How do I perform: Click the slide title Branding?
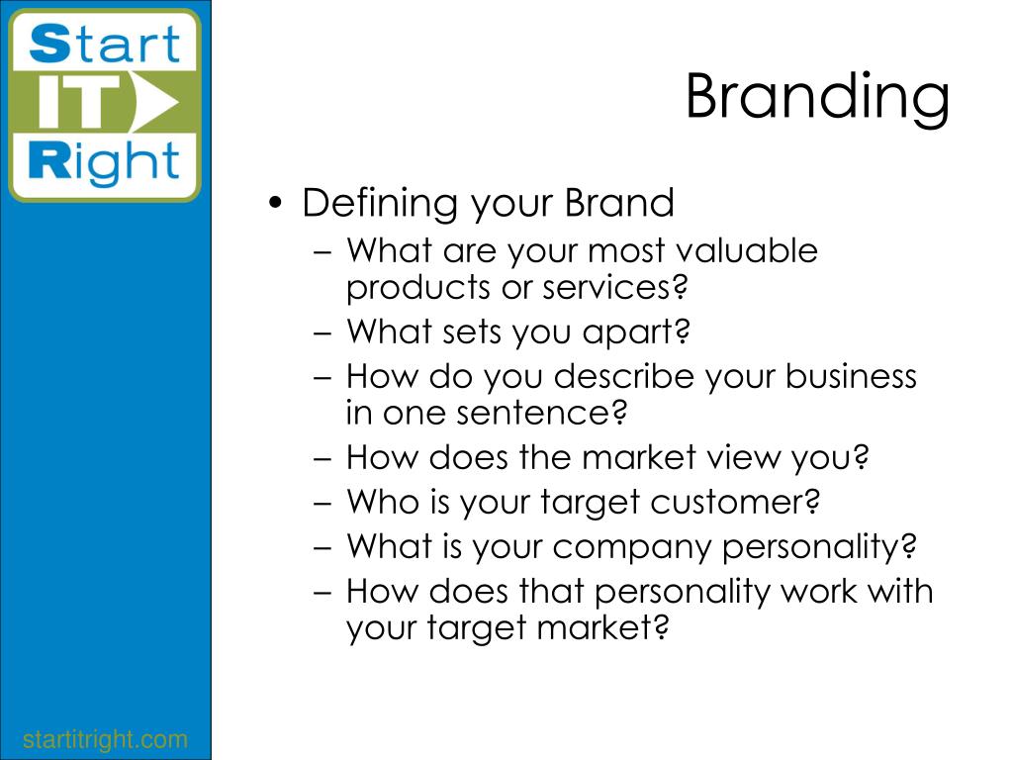[x=817, y=97]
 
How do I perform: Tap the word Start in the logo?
[x=104, y=44]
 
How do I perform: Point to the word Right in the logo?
[x=104, y=161]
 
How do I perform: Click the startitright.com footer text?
[x=105, y=738]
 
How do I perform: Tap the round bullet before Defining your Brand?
[x=276, y=203]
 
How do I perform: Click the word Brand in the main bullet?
[x=619, y=202]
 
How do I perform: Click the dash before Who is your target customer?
[x=322, y=503]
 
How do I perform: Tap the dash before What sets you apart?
[x=322, y=333]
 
